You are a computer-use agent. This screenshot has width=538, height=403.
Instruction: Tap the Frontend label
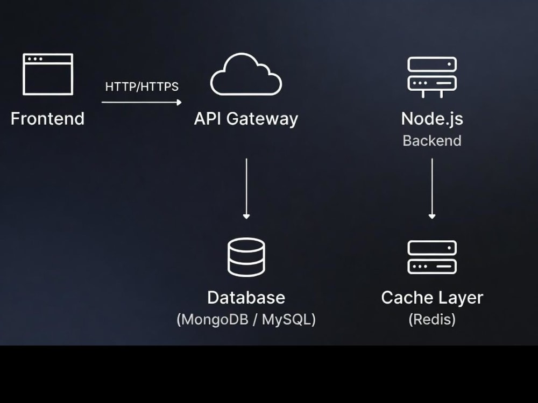[47, 119]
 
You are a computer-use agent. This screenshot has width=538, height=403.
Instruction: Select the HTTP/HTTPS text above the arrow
[141, 87]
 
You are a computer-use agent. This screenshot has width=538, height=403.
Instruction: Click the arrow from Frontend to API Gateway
[141, 102]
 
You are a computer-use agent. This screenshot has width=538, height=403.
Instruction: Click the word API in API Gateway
[208, 119]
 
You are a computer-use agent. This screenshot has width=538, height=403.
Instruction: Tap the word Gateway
[262, 120]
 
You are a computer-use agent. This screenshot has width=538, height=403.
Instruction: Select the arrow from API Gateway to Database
[246, 189]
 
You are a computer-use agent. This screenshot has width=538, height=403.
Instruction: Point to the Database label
[246, 298]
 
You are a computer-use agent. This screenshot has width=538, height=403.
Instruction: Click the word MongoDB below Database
[215, 319]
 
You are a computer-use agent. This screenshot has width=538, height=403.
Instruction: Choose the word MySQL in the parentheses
[286, 319]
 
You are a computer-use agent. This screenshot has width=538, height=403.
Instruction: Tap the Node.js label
[432, 119]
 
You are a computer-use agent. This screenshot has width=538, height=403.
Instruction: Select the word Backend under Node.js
[432, 140]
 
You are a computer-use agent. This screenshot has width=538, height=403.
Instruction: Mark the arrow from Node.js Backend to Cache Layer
[432, 189]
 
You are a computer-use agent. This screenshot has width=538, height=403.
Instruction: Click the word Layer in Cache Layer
[457, 298]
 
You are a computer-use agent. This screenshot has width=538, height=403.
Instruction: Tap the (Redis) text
[432, 319]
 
